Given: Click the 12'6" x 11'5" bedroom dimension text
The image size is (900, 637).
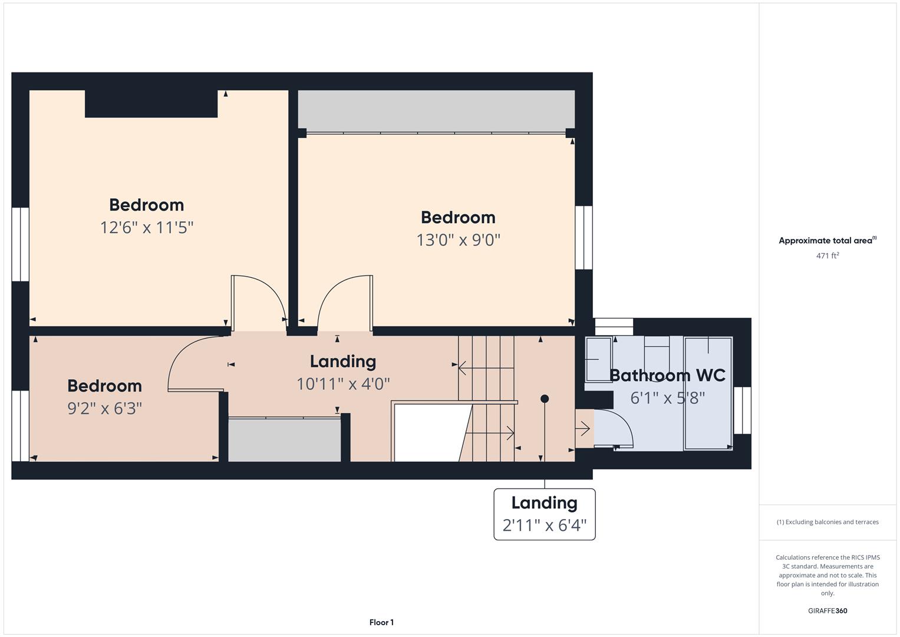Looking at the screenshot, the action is (x=147, y=228).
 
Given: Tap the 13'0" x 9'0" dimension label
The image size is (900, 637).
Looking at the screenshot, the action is (x=458, y=240).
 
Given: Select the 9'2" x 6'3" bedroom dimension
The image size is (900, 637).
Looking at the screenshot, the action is (x=104, y=409).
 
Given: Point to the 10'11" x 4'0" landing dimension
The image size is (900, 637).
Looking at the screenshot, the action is (x=343, y=384).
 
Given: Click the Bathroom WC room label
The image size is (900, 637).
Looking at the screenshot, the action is (x=667, y=375).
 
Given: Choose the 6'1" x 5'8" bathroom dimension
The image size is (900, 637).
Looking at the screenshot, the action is (x=667, y=398).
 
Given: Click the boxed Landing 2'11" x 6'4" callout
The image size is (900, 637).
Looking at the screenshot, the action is (x=545, y=514).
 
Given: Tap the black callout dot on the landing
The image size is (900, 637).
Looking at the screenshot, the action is (x=545, y=399).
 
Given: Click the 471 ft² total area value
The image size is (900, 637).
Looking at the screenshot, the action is (x=828, y=255).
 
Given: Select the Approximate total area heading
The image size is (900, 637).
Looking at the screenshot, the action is (x=828, y=241).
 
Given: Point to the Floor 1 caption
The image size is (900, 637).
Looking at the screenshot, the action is (x=381, y=622).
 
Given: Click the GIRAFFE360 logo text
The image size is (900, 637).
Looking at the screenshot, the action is (x=828, y=611).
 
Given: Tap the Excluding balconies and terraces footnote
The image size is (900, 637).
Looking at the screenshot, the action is (x=828, y=522).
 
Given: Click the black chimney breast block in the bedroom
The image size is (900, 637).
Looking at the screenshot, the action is (x=151, y=104).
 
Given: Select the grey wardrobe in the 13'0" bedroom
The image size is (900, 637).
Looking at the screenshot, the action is (x=436, y=111).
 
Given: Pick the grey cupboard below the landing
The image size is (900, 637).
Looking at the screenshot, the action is (x=285, y=440).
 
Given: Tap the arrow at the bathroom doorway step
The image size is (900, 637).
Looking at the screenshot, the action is (x=582, y=429).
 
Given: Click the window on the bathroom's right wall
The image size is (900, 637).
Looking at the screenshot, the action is (x=743, y=410).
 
